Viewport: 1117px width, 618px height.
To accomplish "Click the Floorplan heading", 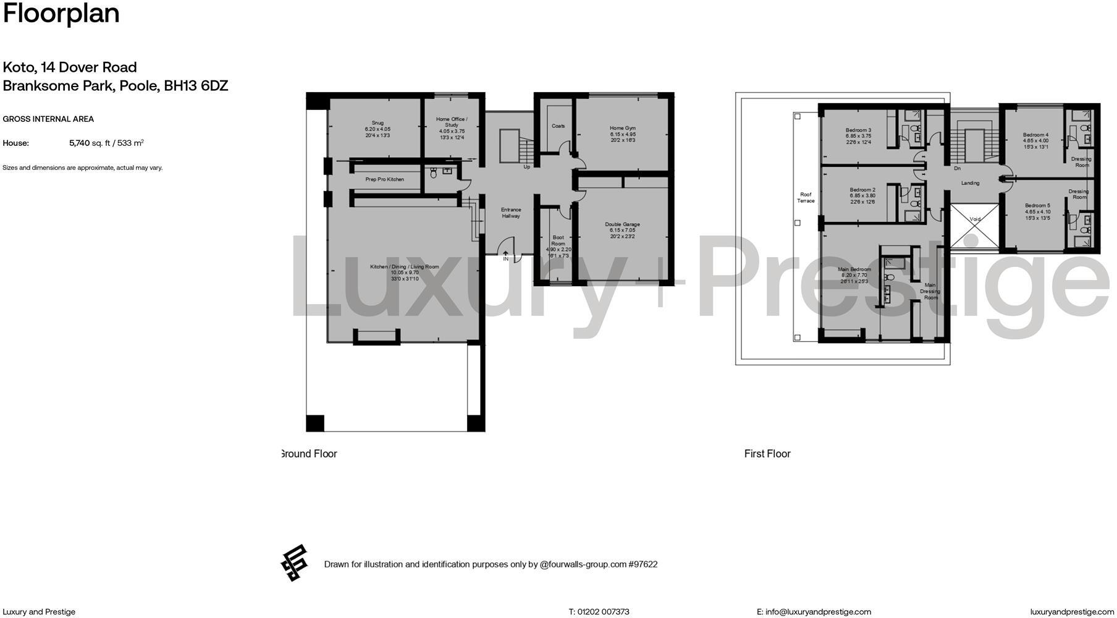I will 61,14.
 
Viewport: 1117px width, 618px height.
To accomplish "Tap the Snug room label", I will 377,123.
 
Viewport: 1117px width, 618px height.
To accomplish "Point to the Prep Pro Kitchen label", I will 384,179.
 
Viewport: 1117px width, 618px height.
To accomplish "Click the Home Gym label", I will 622,129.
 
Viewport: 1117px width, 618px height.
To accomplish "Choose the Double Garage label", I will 622,224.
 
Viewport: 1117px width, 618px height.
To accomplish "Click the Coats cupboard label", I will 558,126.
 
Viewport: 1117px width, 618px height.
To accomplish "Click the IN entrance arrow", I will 505,255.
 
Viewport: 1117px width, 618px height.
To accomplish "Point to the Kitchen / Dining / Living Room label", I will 404,267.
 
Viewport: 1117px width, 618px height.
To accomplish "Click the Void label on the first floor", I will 975,219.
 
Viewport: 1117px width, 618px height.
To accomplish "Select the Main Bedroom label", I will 854,269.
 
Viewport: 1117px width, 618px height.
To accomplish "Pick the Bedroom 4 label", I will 1035,135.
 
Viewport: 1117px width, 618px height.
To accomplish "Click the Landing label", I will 970,183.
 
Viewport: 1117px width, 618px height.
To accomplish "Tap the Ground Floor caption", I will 309,454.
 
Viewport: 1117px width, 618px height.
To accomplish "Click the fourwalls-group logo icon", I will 294,563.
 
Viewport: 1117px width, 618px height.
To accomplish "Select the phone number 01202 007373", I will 603,612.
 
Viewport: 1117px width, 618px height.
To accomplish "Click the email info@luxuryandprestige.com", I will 818,612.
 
